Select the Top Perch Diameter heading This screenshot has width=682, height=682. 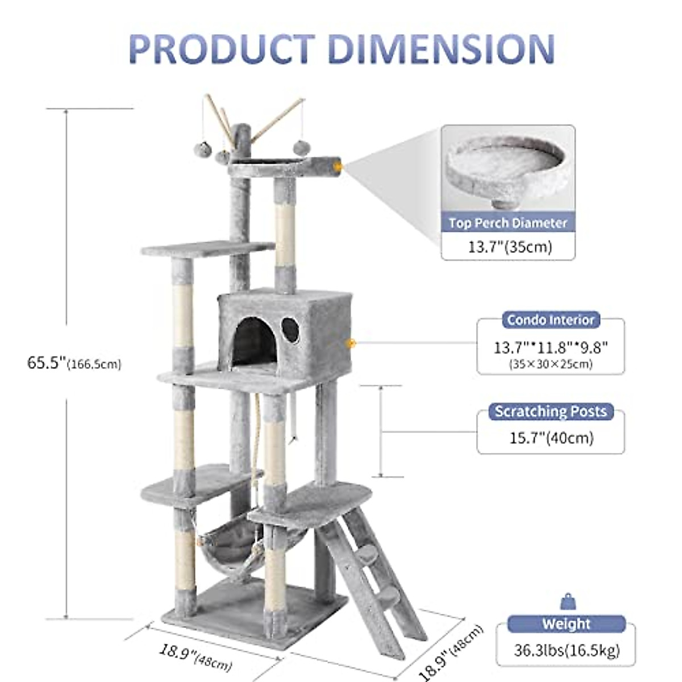click(x=508, y=223)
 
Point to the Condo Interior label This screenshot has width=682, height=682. click(x=550, y=320)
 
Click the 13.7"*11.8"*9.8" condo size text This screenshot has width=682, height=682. click(x=550, y=347)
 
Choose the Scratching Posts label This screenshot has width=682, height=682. click(x=550, y=411)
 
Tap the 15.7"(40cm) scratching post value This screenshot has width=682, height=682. click(x=550, y=438)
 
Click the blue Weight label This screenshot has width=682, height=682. click(x=566, y=623)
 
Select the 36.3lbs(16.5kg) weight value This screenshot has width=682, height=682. click(x=566, y=650)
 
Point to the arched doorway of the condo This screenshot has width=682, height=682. click(x=254, y=341)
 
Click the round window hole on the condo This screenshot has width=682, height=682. click(x=290, y=330)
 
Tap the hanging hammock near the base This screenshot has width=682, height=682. click(x=230, y=540)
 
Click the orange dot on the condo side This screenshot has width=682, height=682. click(x=351, y=343)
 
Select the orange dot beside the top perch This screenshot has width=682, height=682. click(x=339, y=167)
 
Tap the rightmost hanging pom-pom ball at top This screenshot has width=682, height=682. click(x=300, y=147)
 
